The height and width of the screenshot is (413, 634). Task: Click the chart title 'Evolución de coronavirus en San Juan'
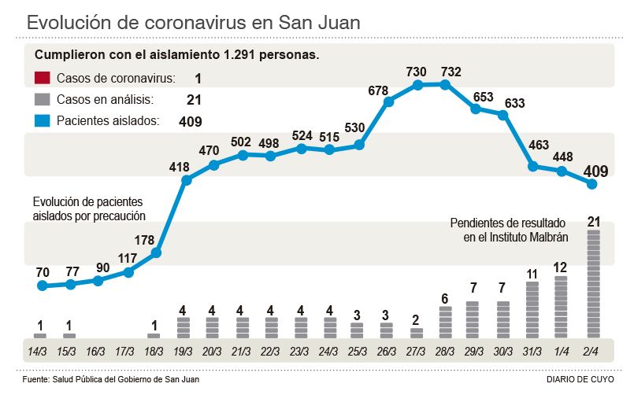click(x=194, y=22)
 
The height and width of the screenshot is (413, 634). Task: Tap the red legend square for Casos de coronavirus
click(x=43, y=78)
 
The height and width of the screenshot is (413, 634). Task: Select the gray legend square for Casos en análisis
click(x=43, y=99)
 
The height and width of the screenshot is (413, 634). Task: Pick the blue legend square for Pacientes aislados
click(x=43, y=121)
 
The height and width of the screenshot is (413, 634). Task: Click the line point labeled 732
click(x=447, y=84)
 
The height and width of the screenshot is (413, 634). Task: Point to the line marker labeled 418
click(x=186, y=180)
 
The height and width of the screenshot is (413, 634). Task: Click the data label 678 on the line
click(x=378, y=90)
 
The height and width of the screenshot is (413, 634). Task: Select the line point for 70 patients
click(x=42, y=286)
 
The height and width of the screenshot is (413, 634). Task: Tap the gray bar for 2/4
click(x=592, y=284)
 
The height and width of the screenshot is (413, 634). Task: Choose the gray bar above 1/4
click(x=561, y=307)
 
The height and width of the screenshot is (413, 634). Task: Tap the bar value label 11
click(x=532, y=274)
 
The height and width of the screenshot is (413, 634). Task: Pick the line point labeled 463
click(x=532, y=166)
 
